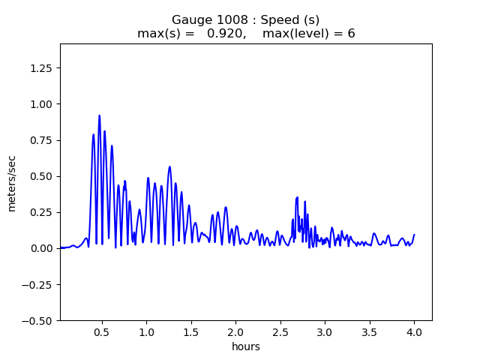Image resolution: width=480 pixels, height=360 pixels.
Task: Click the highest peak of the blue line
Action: coord(99,116)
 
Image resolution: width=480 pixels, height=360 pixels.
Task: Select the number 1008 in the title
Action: coord(232,20)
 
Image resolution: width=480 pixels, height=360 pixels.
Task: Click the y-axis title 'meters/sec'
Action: coord(12,182)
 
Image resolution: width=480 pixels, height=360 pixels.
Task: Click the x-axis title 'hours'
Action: coord(246,347)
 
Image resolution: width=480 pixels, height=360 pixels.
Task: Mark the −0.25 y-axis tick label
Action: coord(40,284)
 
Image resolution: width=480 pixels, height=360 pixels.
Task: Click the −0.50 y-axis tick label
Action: coord(40,320)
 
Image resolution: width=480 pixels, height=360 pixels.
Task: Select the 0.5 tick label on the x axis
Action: coord(103,331)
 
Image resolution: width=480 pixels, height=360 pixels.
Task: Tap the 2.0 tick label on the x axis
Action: coord(236,331)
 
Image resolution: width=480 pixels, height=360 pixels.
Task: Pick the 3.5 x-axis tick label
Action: coord(370,331)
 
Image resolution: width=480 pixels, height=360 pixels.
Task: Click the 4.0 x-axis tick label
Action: coord(414,331)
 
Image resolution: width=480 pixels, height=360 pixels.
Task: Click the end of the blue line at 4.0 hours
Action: coord(414,235)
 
